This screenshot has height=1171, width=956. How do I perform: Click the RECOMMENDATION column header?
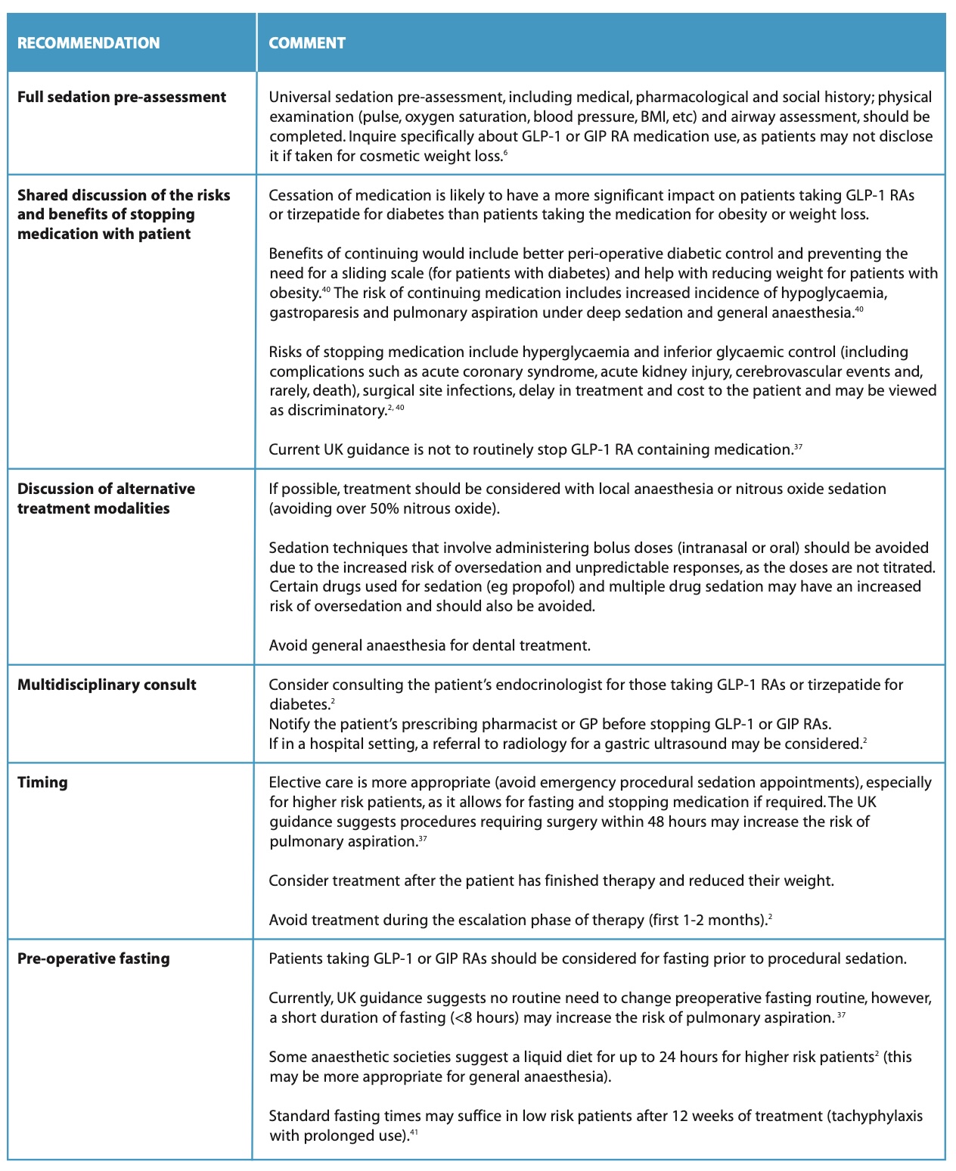pos(88,43)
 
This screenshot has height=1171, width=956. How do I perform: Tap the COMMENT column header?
pos(307,43)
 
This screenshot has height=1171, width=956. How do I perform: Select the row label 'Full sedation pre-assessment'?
pos(122,97)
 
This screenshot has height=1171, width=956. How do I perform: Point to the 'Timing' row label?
pos(42,782)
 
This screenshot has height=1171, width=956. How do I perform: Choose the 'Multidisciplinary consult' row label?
pos(107,685)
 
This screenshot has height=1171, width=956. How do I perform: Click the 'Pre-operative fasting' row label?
pos(94,958)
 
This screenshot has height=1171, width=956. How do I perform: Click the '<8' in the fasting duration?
pos(464,1017)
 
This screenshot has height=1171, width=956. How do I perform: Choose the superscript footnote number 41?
pos(414,1132)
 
